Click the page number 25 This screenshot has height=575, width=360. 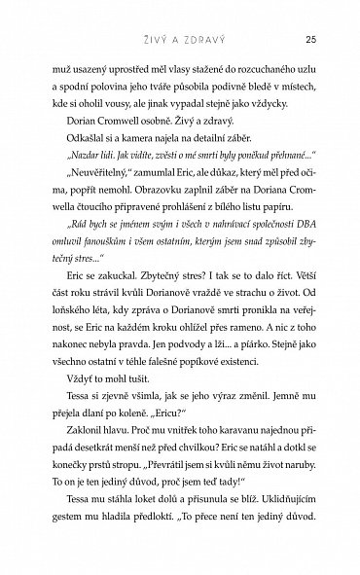pyautogui.click(x=308, y=39)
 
